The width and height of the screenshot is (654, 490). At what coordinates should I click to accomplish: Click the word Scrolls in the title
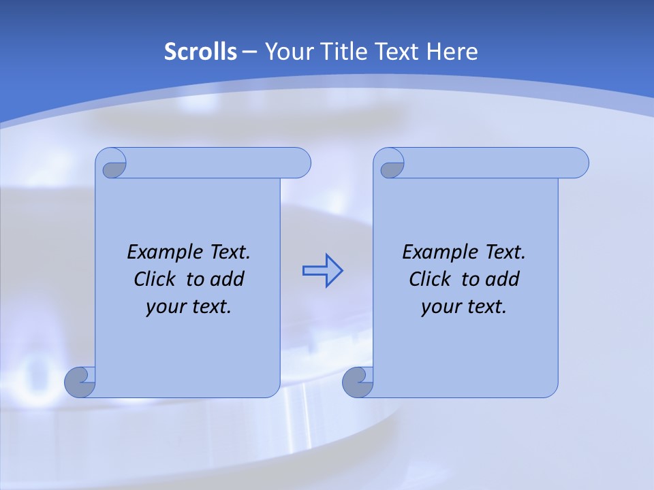(200, 52)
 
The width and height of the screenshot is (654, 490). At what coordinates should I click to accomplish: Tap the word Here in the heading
(452, 52)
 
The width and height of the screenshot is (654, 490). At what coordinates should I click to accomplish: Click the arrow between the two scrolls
(322, 270)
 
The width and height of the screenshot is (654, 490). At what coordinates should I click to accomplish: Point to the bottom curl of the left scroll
(80, 381)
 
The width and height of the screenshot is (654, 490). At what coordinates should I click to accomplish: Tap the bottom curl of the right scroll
(358, 381)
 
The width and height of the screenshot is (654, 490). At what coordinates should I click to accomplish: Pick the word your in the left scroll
(166, 307)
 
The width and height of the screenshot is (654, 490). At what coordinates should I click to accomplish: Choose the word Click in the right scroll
(430, 279)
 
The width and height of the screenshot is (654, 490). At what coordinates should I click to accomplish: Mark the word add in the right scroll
(503, 279)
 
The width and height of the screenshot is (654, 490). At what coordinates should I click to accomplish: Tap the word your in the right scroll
(441, 307)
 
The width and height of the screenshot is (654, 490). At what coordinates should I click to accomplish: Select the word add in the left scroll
(228, 279)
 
